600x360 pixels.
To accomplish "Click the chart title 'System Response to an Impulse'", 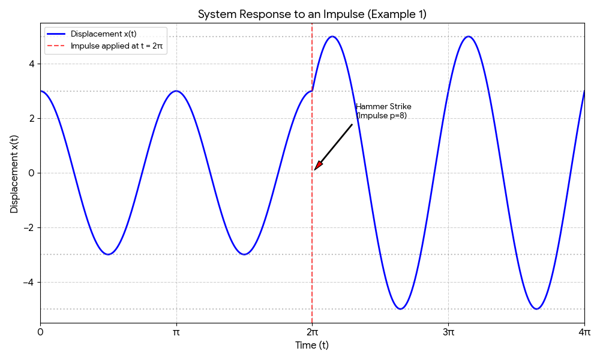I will (312, 14).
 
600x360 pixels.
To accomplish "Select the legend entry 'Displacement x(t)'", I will (103, 34).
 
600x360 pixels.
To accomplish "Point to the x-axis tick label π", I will (176, 332).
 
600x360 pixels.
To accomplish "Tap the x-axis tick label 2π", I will (312, 332).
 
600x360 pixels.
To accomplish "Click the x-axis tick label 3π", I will (448, 332).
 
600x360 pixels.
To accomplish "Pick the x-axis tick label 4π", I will (584, 332).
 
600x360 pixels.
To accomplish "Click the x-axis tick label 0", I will (41, 332).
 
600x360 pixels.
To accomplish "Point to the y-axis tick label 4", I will (31, 64).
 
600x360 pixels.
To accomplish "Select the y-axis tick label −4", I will (29, 283).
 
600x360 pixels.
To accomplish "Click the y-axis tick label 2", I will (31, 119).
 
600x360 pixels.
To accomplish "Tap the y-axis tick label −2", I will (29, 228).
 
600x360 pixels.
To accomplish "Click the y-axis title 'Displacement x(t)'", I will (14, 173).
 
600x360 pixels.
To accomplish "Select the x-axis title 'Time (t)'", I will (312, 346).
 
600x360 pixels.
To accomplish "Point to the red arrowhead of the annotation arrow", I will (318, 166).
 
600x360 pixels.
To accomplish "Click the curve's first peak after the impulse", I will (332, 37).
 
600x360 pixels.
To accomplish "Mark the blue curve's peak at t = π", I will (176, 91).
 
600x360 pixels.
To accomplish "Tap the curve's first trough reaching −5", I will (400, 309).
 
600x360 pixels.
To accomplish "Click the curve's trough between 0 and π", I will (109, 254).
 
